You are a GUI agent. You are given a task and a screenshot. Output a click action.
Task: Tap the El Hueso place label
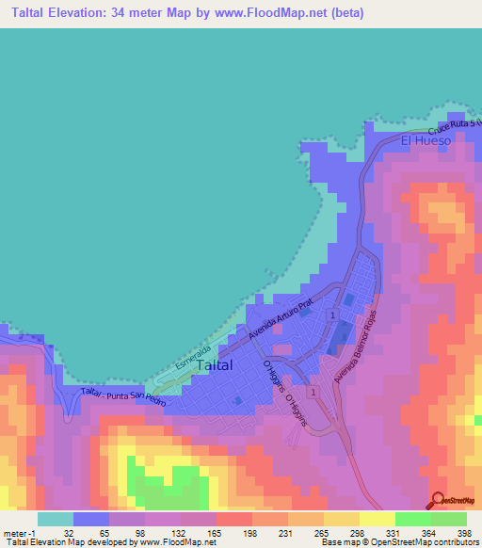(x=426, y=140)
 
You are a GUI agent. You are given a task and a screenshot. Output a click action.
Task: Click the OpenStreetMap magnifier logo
(x=439, y=501)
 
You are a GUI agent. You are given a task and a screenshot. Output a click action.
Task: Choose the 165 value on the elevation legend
(x=216, y=533)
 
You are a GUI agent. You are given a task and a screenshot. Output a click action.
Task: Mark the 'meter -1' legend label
(x=20, y=533)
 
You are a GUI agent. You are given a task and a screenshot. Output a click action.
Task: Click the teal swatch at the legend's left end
(x=56, y=519)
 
